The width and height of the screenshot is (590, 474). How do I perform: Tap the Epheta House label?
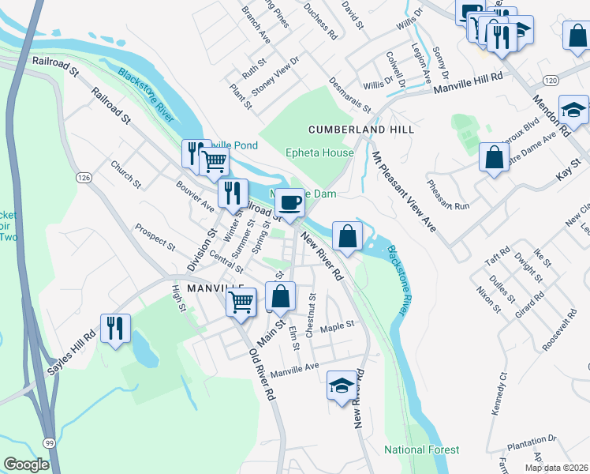(319, 152)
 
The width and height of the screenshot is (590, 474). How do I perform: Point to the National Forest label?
(421, 450)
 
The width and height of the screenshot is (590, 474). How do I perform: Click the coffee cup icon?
(289, 202)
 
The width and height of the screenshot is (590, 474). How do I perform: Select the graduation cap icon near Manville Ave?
(341, 385)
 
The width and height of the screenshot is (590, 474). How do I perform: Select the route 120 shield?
(551, 81)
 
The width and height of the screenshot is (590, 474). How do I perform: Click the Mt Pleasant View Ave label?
(404, 191)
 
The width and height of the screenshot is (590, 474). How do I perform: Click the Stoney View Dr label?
(276, 76)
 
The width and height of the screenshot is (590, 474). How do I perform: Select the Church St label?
(125, 175)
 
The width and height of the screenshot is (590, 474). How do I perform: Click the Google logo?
(27, 465)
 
